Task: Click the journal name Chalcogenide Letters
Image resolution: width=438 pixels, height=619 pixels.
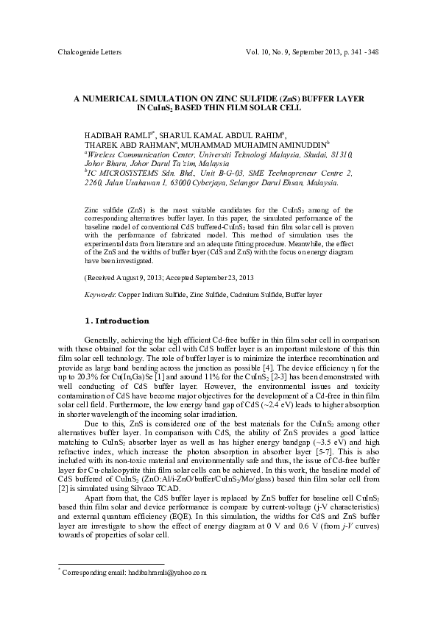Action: [x=89, y=54]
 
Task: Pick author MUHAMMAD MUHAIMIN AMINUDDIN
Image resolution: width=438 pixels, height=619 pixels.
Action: [x=243, y=146]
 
